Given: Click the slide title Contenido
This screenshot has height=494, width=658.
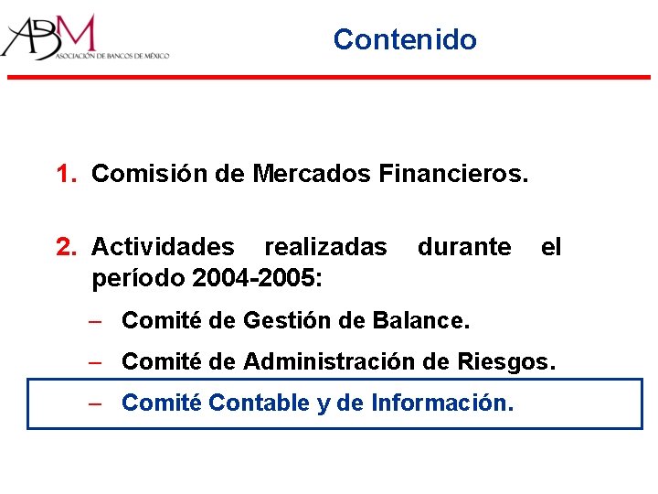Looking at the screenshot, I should click(x=405, y=39).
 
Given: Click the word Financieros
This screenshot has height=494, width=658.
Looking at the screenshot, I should click(x=451, y=173).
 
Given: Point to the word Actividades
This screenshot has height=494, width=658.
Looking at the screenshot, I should click(x=163, y=247).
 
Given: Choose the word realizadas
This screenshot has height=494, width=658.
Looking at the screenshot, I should click(x=325, y=247).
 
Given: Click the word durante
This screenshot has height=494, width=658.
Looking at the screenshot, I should click(x=464, y=247).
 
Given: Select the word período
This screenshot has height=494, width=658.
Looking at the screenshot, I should click(x=134, y=276).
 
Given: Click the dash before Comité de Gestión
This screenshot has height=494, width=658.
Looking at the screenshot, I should click(x=95, y=321).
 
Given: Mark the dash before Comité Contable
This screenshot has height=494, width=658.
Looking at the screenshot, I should click(x=95, y=403).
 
